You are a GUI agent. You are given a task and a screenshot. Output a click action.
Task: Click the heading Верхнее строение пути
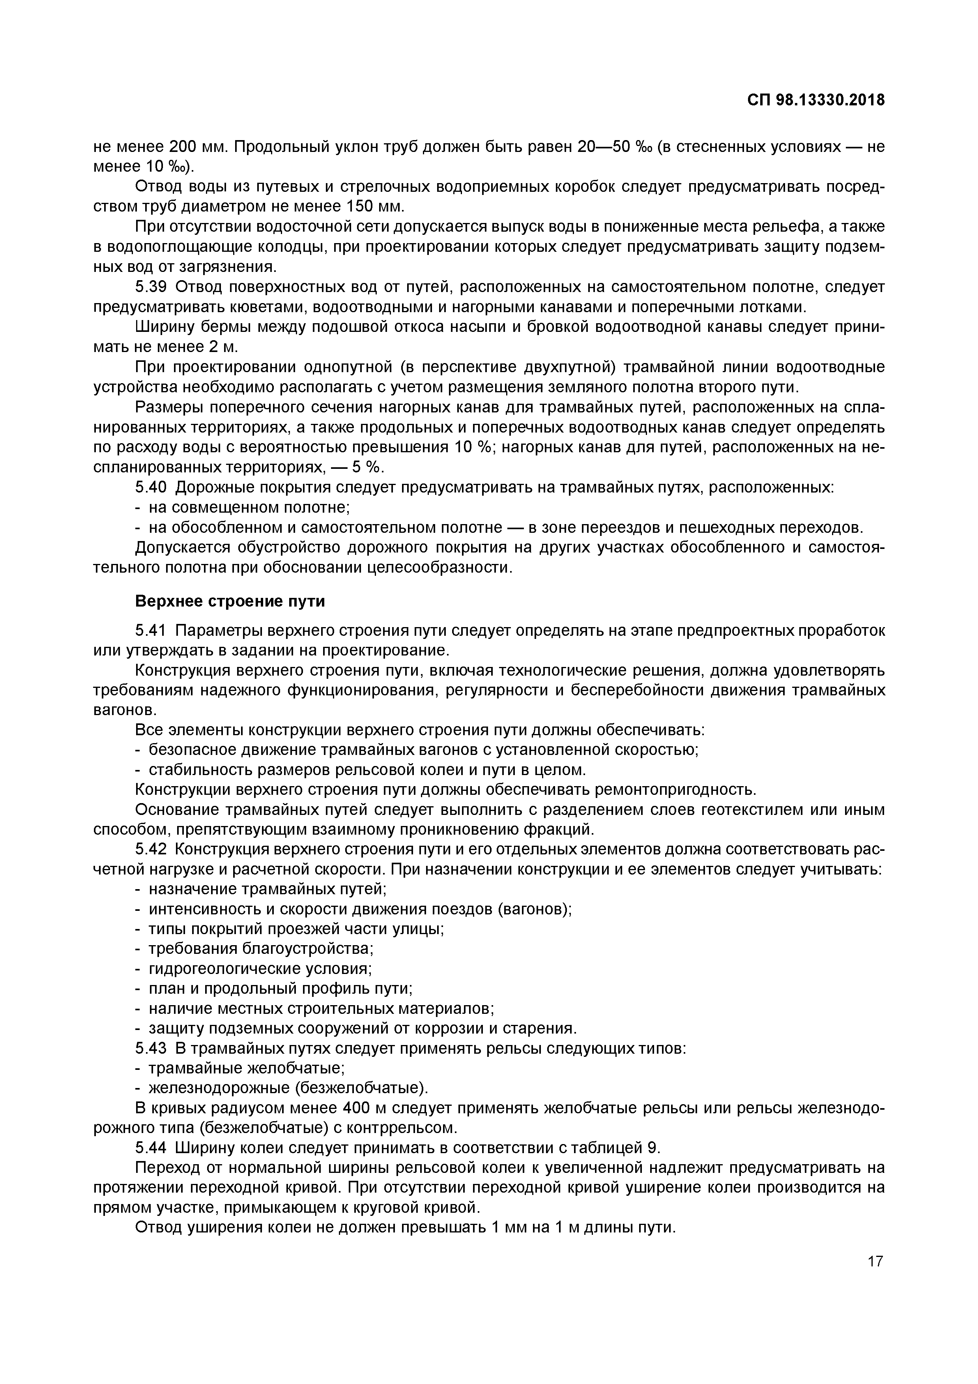pyautogui.click(x=230, y=601)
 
